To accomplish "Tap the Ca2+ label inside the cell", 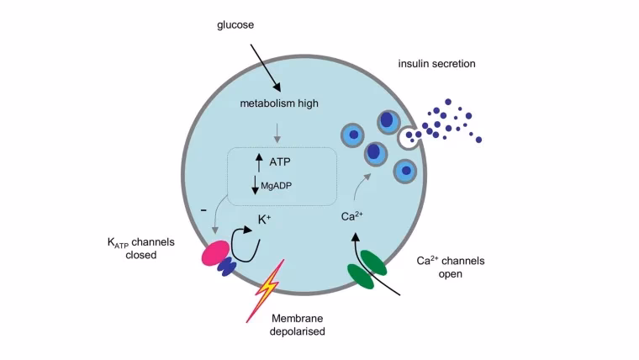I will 351,216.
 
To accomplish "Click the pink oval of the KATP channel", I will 213,254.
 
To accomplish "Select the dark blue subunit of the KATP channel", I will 227,267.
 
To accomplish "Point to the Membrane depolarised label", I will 298,326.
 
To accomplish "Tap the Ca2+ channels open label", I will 450,267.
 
